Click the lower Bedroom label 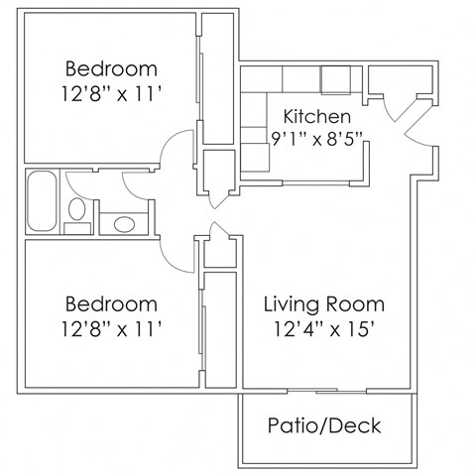111,302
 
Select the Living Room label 323,302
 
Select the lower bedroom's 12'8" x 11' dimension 111,326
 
